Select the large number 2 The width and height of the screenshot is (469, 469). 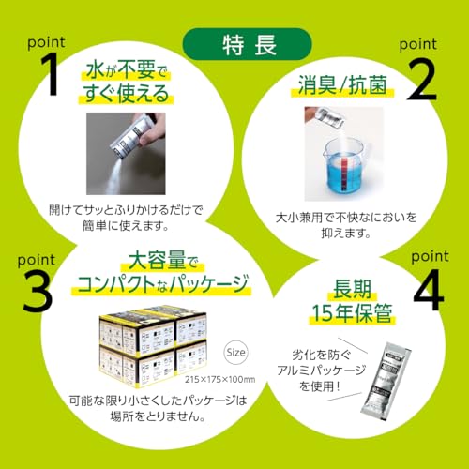pyautogui.click(x=423, y=83)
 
